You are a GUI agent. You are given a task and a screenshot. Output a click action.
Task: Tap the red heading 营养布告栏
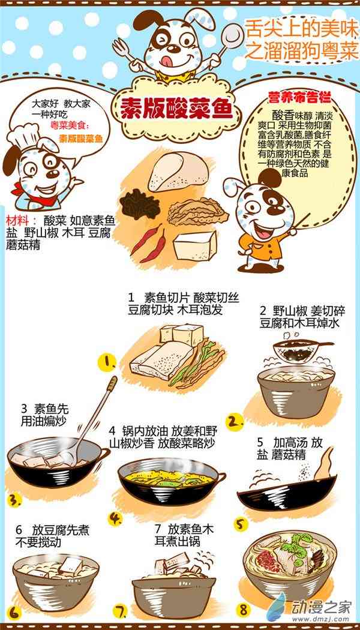[x=299, y=97]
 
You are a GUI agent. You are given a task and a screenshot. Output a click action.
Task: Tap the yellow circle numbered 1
[x=107, y=362]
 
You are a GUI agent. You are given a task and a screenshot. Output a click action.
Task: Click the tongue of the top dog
[x=175, y=59]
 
